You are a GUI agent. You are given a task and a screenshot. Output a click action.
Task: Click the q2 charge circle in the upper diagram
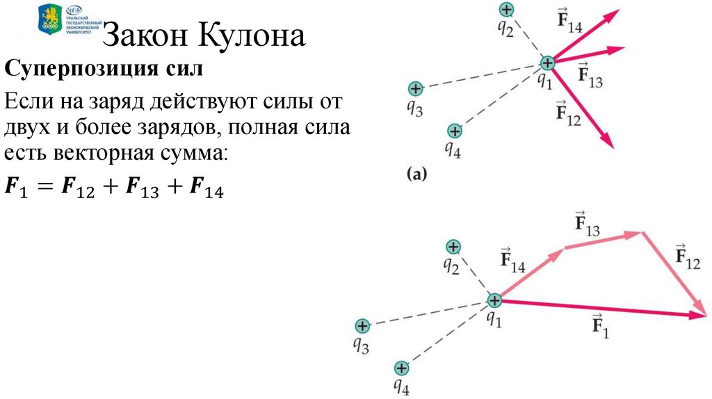(x=507, y=10)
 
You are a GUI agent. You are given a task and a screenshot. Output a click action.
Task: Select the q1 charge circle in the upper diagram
(x=548, y=63)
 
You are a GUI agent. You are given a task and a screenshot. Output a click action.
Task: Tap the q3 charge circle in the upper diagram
(x=415, y=89)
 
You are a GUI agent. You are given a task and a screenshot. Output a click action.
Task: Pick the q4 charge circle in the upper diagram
(x=455, y=131)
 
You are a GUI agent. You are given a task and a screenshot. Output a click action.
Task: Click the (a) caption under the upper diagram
(x=416, y=174)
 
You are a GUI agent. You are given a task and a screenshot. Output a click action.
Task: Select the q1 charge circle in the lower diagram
(x=494, y=301)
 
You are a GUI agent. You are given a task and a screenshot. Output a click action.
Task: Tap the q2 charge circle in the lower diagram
(x=453, y=246)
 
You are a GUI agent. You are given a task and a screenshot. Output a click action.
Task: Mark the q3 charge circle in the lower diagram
(x=362, y=325)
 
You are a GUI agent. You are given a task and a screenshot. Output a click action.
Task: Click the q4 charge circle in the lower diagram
(x=401, y=368)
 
